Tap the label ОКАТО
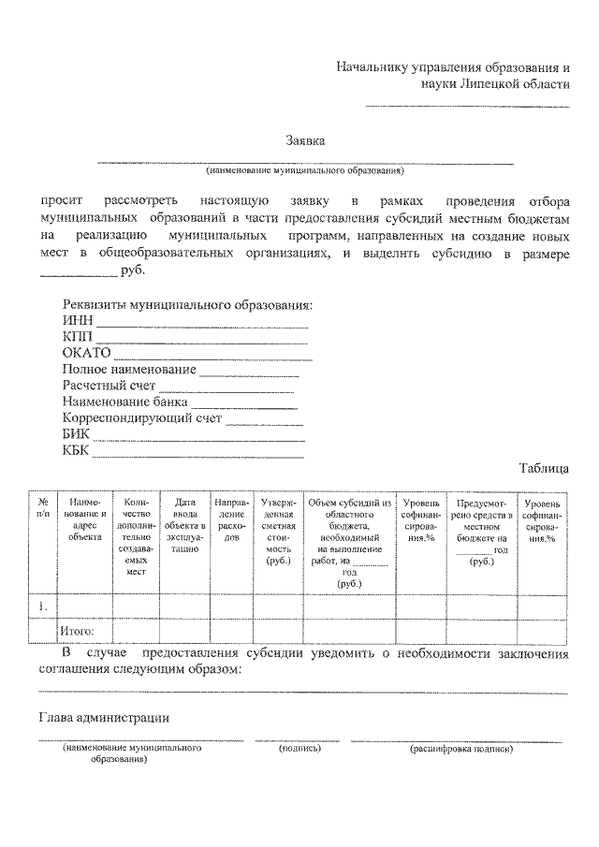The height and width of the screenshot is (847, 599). [87, 353]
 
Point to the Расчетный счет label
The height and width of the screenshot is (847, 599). [109, 385]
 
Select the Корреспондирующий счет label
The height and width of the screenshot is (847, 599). [142, 417]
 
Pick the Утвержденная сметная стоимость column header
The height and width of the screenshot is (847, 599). [279, 531]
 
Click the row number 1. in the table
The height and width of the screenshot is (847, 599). [43, 607]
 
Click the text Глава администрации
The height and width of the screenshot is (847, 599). [103, 718]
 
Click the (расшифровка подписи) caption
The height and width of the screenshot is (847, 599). [461, 749]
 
